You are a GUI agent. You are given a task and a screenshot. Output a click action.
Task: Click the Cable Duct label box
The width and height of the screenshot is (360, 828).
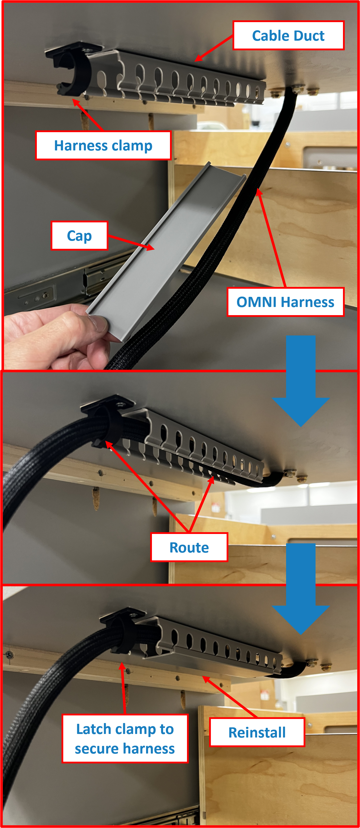[288, 35]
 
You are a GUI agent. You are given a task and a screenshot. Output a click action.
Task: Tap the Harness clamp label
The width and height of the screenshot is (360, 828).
[103, 145]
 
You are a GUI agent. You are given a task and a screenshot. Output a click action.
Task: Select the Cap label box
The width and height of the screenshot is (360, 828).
[79, 236]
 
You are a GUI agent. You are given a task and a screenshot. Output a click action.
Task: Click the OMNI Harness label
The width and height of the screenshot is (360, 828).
[285, 302]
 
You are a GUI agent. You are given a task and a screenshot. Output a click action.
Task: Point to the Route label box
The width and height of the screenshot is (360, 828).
[189, 547]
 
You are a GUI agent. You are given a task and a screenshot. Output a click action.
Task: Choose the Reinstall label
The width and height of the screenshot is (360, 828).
[257, 732]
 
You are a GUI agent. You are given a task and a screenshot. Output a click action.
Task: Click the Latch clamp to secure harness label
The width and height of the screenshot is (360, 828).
[125, 739]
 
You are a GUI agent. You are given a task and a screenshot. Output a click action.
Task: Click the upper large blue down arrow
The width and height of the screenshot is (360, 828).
[301, 381]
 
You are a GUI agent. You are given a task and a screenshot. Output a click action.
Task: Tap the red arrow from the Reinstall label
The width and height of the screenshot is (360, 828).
[230, 697]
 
